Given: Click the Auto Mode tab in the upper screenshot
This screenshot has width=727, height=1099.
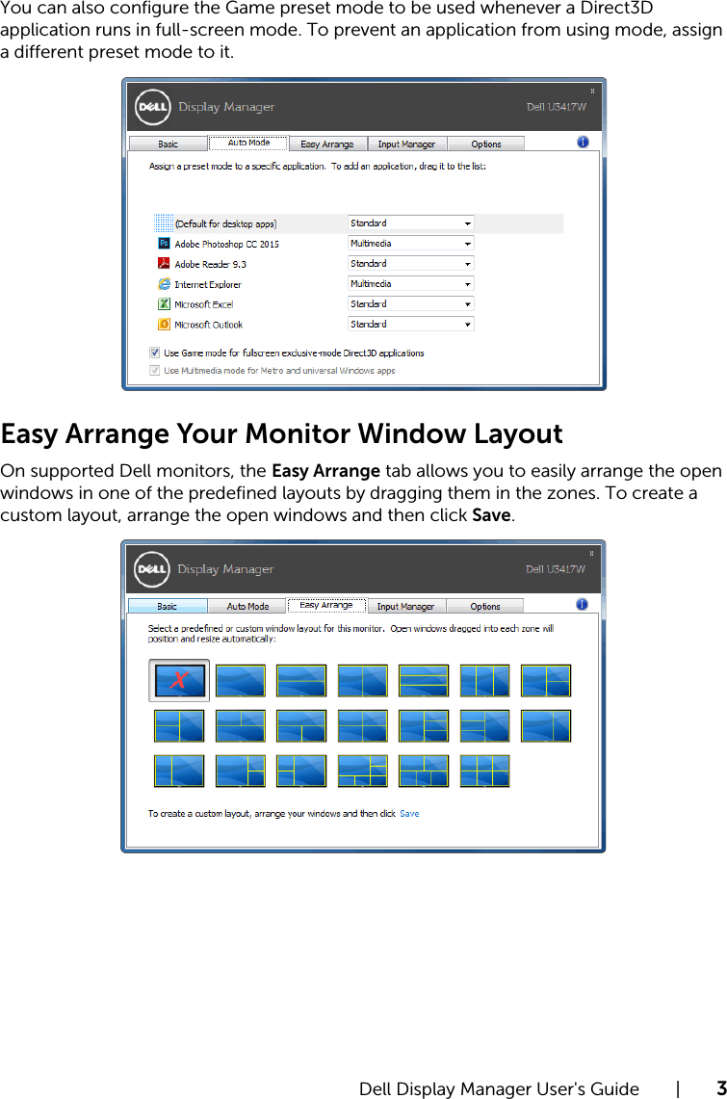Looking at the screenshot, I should click(x=248, y=143).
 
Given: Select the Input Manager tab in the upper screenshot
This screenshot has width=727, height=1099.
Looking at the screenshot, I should click(x=406, y=144).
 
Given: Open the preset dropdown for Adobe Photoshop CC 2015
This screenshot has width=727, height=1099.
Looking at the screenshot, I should click(x=411, y=244).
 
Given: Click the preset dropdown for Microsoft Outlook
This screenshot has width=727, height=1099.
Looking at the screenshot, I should click(x=411, y=325).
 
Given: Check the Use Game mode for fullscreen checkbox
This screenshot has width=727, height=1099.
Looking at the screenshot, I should click(x=154, y=353).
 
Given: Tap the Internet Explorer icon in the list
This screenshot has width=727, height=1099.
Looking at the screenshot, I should click(x=165, y=284).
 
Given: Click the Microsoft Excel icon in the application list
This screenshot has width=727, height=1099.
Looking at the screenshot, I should click(x=165, y=304).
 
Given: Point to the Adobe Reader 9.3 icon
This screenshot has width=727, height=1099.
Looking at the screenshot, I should click(x=165, y=264).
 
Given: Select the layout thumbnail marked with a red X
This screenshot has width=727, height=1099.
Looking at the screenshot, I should click(x=178, y=680).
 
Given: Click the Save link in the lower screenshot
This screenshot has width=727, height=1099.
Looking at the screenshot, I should click(x=409, y=814).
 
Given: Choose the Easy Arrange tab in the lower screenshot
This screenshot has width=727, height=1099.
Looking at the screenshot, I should click(x=326, y=606).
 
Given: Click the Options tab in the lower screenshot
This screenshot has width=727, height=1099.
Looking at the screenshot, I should click(x=485, y=607).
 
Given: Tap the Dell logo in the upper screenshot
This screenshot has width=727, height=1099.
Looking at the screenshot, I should click(x=151, y=106).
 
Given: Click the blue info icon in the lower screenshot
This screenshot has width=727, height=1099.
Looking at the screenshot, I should click(x=583, y=605).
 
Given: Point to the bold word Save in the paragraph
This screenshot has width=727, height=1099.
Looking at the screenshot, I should click(x=491, y=515).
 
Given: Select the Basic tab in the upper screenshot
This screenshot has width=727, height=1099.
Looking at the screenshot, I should click(x=168, y=144).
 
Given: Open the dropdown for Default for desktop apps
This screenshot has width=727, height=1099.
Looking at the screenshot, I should click(x=411, y=223).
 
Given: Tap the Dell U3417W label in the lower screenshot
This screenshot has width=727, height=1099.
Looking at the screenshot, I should click(x=556, y=569).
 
